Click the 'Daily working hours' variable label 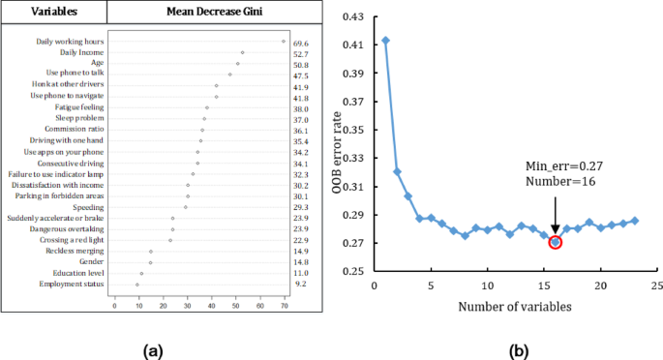[66, 43]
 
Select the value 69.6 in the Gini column [301, 43]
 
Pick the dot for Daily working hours [284, 42]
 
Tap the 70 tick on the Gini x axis [284, 306]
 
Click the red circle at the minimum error [556, 241]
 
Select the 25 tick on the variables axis [657, 286]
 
